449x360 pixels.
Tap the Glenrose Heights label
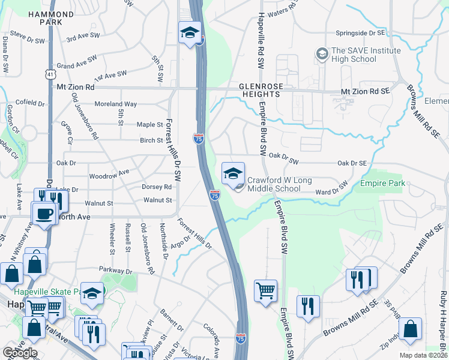(x=260, y=90)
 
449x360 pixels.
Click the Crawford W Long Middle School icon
(x=233, y=175)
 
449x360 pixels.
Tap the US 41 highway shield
(x=48, y=73)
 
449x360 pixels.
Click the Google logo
(x=20, y=353)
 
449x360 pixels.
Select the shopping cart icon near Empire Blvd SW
(x=265, y=292)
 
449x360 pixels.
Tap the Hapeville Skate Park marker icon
(x=92, y=293)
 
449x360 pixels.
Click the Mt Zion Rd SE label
(x=365, y=91)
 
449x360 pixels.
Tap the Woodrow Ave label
(x=109, y=173)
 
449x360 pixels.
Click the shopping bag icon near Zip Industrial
(x=410, y=329)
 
